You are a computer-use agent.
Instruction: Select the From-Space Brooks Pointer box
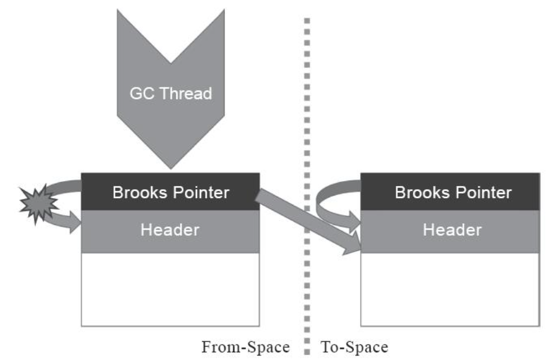(x=170, y=192)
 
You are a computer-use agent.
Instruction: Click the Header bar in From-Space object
(x=170, y=231)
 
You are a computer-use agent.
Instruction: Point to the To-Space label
(x=354, y=346)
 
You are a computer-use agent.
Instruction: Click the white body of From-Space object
(x=170, y=289)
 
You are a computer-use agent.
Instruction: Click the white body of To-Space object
(x=450, y=289)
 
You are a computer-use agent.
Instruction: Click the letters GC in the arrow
(x=142, y=93)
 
